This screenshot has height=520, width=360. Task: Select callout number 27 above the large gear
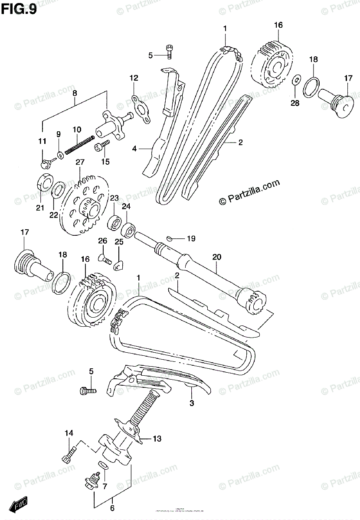[x=79, y=162]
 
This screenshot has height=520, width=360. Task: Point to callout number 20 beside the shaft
[x=217, y=257]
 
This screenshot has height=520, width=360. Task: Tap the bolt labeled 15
[x=101, y=147]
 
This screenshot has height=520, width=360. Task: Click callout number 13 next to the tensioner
[x=156, y=439]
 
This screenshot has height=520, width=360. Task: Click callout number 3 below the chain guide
[x=192, y=403]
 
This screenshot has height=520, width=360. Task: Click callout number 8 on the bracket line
[x=75, y=93]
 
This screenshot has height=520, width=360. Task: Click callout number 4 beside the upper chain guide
[x=134, y=149]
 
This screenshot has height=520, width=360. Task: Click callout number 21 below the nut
[x=40, y=208]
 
